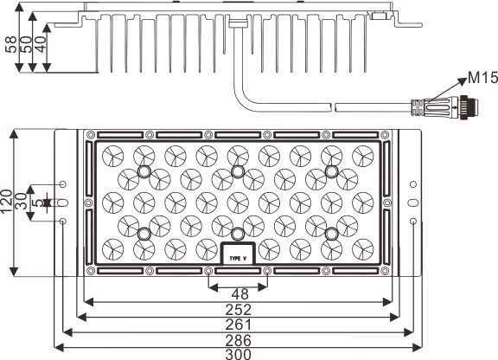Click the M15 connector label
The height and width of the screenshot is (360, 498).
483,78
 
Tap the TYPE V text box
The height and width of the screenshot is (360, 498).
238,254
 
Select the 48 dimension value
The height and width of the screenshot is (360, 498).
239,294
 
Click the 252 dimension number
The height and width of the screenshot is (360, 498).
239,310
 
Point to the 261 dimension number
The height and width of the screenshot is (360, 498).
239,325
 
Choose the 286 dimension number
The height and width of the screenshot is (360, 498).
239,340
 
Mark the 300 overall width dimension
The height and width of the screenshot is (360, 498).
239,354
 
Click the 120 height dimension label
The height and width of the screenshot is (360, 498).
7,202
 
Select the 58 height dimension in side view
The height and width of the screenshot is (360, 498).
10,44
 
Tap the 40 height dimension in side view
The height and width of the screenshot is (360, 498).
40,44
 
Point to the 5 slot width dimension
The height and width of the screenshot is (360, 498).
38,202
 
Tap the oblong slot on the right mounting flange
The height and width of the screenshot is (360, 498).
413,202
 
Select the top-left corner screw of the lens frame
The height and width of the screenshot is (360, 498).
91,134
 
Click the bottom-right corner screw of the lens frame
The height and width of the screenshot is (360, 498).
385,271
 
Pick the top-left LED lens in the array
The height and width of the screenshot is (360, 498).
112,156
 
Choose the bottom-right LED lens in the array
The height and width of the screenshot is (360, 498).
363,249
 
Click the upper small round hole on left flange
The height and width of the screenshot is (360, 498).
63,184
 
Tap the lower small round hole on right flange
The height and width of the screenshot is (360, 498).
413,221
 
